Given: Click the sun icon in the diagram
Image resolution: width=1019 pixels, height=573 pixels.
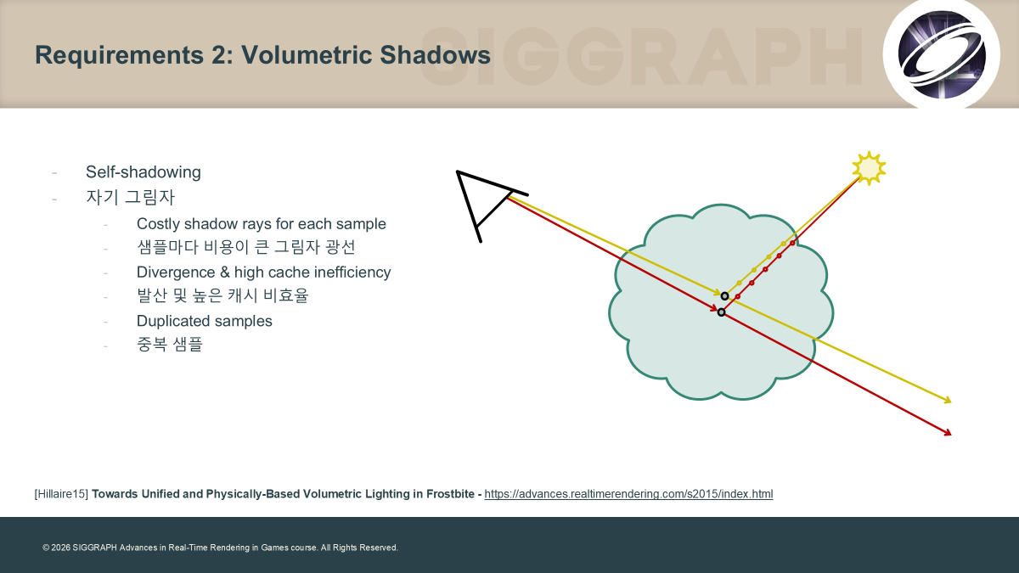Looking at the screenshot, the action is click(869, 168).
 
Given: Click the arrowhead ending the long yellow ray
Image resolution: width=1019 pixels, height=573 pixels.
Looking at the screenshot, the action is click(947, 400).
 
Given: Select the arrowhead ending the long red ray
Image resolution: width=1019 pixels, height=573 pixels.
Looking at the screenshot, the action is click(947, 433).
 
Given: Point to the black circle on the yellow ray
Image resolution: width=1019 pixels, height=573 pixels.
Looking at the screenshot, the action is click(724, 296).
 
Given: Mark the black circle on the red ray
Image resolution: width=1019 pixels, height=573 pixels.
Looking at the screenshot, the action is click(721, 312).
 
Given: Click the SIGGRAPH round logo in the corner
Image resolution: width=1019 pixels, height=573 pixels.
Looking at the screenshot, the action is click(942, 54).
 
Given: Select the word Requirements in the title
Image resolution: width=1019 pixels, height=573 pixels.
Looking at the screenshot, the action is click(120, 55).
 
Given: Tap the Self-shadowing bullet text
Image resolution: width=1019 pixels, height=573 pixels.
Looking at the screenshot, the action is click(144, 171).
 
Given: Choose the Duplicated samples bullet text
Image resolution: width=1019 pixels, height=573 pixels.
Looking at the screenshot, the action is click(205, 321).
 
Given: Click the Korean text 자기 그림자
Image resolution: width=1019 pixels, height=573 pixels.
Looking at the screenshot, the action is click(130, 197).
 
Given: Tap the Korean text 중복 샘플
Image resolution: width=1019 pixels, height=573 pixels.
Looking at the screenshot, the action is click(169, 345).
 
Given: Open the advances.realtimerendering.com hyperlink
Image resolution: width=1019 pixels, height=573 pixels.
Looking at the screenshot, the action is click(628, 494).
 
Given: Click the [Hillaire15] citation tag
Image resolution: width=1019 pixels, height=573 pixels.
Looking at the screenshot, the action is click(61, 494).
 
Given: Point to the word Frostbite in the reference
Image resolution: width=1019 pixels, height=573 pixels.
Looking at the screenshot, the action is click(450, 494).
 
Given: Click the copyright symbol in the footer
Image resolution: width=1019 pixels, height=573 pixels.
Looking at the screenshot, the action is click(46, 548).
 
